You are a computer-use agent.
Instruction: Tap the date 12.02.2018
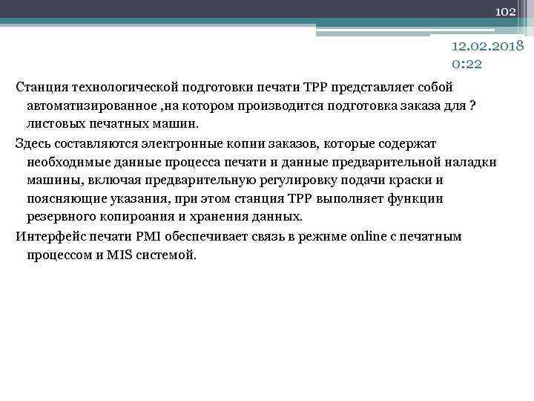(x=487, y=47)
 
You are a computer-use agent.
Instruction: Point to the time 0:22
(x=467, y=64)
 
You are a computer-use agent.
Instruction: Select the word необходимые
(x=67, y=162)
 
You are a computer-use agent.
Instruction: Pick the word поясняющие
(x=64, y=199)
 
